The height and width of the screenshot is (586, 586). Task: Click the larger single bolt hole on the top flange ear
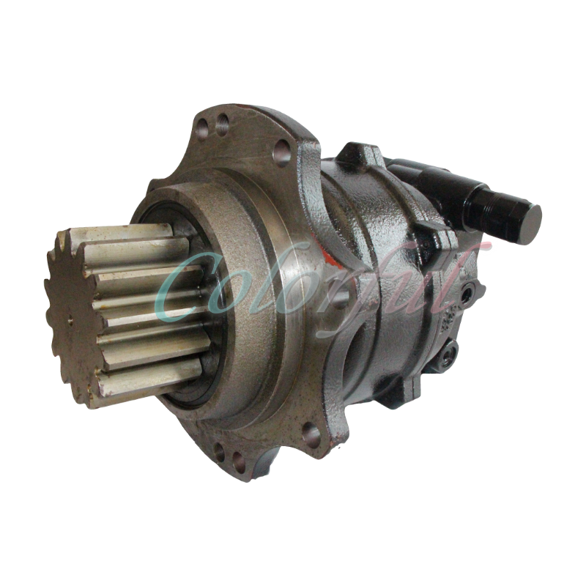[x=280, y=152]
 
